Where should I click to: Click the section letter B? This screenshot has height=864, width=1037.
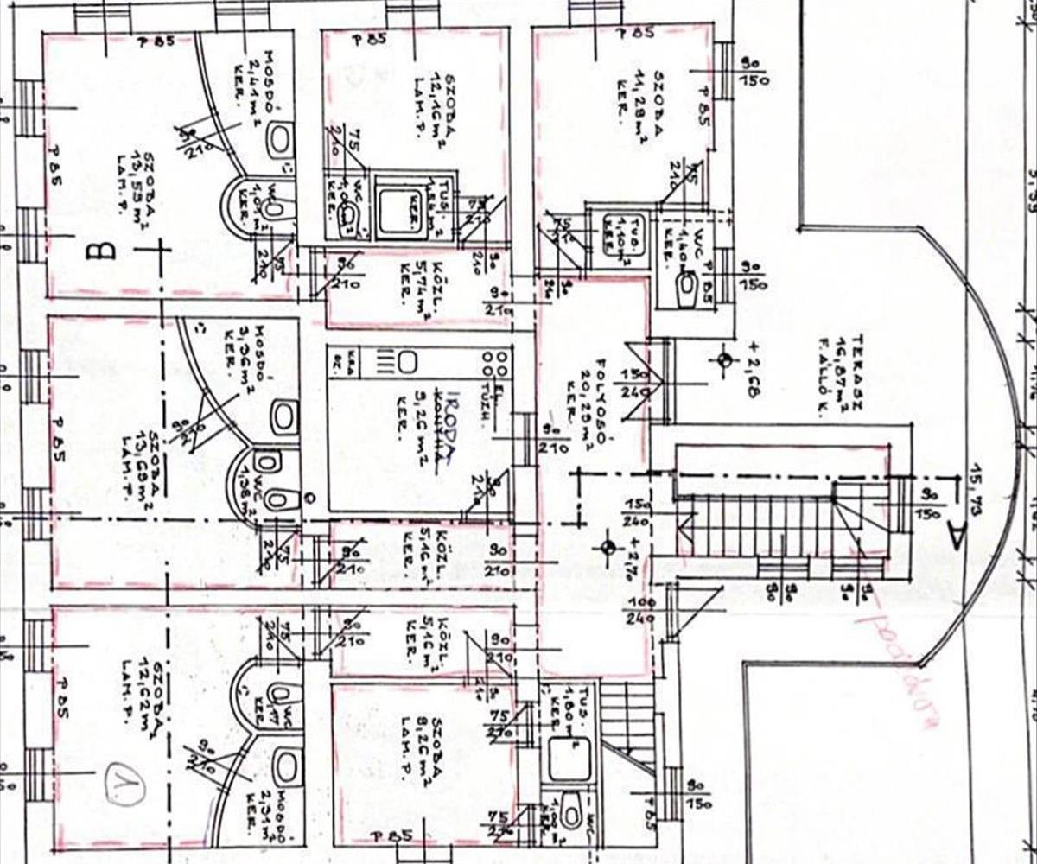click(104, 251)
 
